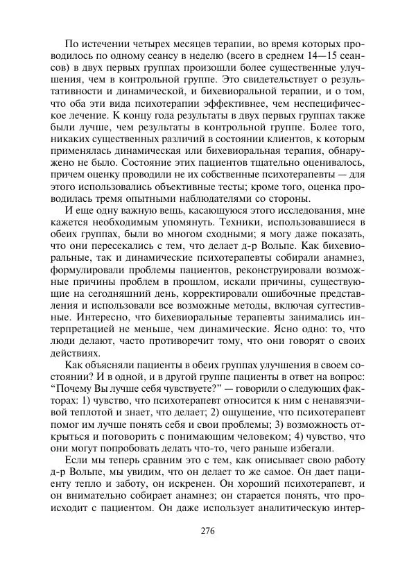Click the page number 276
tap(207, 532)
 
